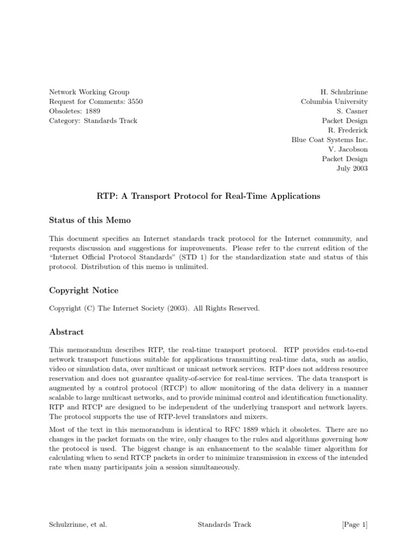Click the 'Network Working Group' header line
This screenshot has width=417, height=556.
tap(90, 92)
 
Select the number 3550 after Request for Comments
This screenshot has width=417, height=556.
tap(135, 102)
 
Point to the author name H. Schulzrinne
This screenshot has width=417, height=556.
tap(344, 92)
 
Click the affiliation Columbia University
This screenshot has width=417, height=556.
tap(334, 102)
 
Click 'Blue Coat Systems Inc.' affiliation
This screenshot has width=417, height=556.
tap(330, 140)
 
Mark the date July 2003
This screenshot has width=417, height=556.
tap(352, 168)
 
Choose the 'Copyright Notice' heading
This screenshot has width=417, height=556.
tap(84, 290)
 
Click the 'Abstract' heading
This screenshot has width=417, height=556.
tap(66, 332)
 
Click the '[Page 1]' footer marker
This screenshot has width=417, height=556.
tap(355, 525)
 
